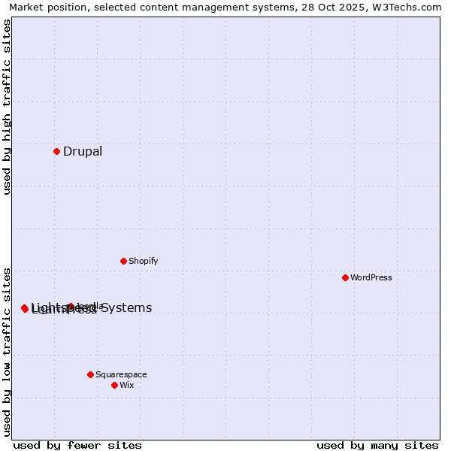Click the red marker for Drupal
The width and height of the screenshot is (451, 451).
56,152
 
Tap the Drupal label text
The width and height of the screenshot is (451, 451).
83,152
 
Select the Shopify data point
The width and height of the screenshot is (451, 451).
123,262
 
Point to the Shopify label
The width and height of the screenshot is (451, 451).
143,262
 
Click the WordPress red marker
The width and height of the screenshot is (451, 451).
345,278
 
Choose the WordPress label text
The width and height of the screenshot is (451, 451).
371,278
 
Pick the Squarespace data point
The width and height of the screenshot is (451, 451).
90,374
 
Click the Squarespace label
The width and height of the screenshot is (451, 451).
121,374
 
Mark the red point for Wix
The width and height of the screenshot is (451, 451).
114,385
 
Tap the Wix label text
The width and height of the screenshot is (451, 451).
127,385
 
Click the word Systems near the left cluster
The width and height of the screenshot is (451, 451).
126,308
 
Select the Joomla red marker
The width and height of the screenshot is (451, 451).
71,307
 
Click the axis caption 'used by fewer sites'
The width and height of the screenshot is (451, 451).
77,446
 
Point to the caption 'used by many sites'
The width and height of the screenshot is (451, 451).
377,446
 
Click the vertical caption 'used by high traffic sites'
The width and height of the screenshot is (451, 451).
8,107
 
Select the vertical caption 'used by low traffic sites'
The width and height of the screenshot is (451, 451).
8,351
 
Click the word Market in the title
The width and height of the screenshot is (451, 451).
26,8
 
